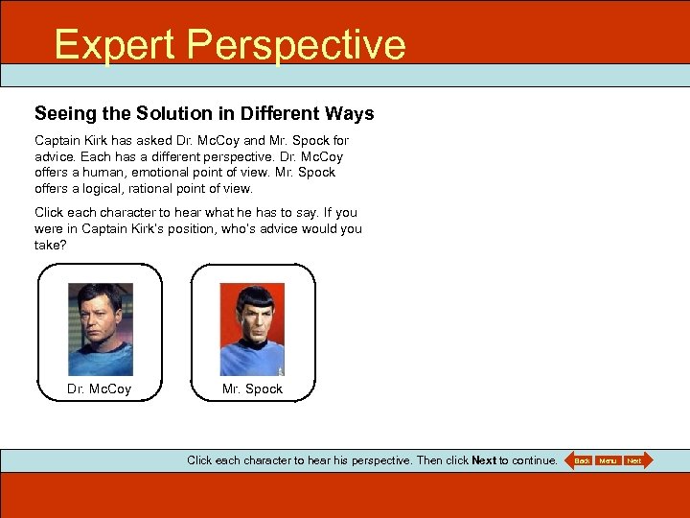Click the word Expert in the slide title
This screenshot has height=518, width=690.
click(x=114, y=45)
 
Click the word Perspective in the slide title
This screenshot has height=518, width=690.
click(x=296, y=45)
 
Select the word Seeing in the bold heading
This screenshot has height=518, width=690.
click(x=65, y=114)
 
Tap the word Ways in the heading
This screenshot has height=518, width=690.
click(x=349, y=114)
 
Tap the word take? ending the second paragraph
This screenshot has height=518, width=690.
click(x=51, y=245)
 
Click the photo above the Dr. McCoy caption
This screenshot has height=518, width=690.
click(x=100, y=329)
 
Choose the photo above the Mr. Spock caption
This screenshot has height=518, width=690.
click(x=252, y=329)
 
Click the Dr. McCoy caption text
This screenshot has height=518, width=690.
click(x=100, y=388)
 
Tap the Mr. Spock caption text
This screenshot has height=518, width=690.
click(x=252, y=388)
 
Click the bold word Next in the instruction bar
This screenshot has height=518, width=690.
click(x=484, y=460)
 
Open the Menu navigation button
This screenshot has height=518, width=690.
click(x=608, y=461)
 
